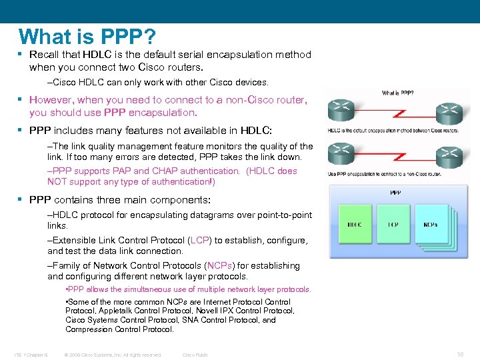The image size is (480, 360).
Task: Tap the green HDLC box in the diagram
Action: coord(355,225)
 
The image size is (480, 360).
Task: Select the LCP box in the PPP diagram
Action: coord(393,225)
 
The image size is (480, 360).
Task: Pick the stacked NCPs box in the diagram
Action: coord(432,225)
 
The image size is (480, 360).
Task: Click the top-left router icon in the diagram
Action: coord(341,107)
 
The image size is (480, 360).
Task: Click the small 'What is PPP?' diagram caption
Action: coord(397,93)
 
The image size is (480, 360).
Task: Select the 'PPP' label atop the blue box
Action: coord(395,193)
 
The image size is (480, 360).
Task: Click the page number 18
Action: coord(460,355)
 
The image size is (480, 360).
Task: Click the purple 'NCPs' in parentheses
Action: coord(219,265)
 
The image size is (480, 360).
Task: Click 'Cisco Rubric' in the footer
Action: coord(195,355)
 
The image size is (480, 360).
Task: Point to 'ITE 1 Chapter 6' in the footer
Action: coord(31,355)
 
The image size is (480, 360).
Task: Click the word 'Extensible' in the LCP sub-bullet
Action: coord(76,240)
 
